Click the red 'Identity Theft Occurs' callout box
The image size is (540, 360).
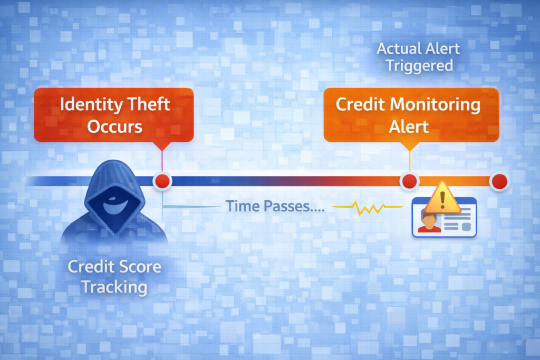pos(114,114)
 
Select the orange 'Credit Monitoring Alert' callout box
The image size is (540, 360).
pos(411,114)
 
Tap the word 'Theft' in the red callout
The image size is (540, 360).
pos(149,104)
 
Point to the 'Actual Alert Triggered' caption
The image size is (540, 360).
pos(418,57)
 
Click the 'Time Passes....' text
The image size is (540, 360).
pos(275,206)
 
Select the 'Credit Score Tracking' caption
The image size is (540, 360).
pos(114,277)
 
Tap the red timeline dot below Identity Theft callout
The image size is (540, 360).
pos(162,181)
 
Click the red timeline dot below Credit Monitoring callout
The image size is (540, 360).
pos(409,182)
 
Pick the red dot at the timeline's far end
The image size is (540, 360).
pos(498,182)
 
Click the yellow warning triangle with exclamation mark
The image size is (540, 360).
pos(442,199)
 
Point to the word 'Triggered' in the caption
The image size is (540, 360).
pos(419,65)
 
